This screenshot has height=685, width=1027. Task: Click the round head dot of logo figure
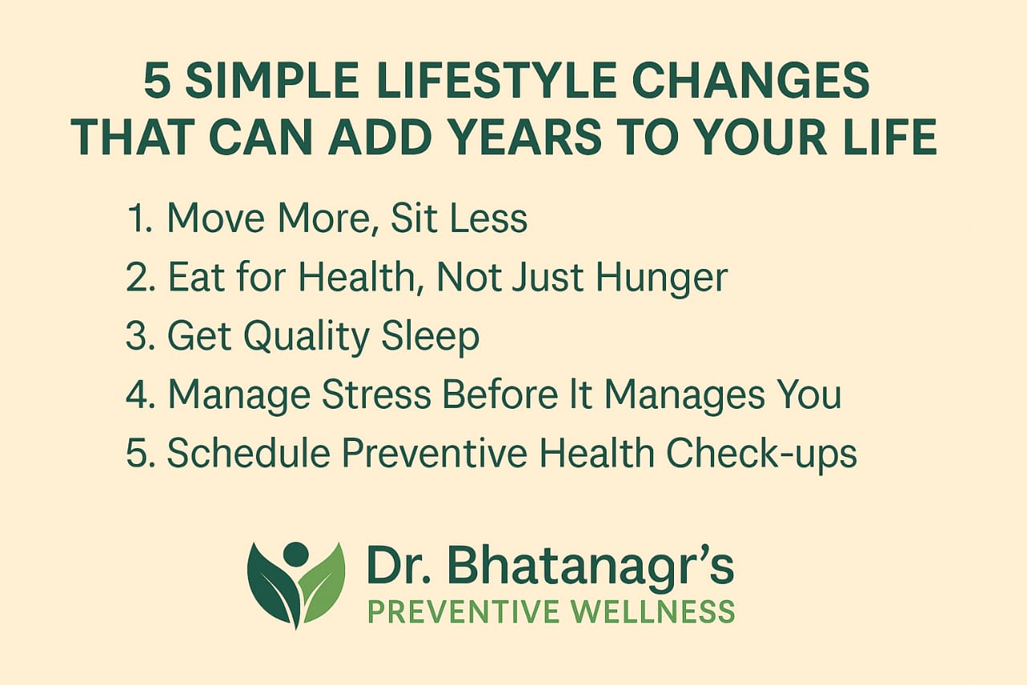point(296,552)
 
